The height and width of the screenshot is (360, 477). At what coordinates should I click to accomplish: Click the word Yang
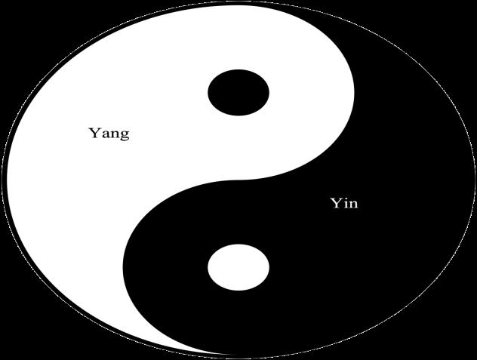[x=109, y=134]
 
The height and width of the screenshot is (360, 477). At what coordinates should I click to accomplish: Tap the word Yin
[x=344, y=204]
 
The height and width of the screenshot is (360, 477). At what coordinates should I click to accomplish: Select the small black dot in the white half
[x=238, y=93]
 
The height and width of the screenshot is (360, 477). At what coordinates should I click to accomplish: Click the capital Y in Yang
[x=95, y=133]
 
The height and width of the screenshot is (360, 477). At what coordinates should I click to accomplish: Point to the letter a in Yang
[x=104, y=135]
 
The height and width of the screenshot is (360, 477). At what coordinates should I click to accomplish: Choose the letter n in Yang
[x=113, y=135]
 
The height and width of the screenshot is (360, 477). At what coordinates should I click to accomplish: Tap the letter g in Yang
[x=124, y=137]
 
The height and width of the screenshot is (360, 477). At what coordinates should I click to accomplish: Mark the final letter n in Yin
[x=353, y=205]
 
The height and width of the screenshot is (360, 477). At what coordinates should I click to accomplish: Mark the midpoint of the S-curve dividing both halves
[x=238, y=181]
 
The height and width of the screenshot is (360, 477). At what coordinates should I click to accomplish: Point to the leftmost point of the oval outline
[x=2, y=181]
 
